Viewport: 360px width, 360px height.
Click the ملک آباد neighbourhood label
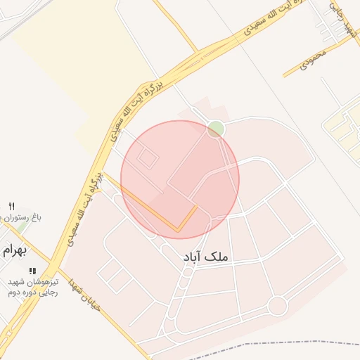[x=209, y=258]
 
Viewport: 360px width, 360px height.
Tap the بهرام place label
[x=12, y=250]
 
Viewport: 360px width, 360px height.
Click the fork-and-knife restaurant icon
[x=11, y=205]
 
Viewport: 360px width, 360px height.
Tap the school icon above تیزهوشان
[x=32, y=271]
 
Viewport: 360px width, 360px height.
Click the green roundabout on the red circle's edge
[x=216, y=129]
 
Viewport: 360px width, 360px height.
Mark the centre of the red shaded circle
[x=180, y=180]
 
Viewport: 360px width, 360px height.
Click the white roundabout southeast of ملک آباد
[x=278, y=306]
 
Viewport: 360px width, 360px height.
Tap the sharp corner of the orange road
[x=179, y=230]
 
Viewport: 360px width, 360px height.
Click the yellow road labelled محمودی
[x=302, y=67]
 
